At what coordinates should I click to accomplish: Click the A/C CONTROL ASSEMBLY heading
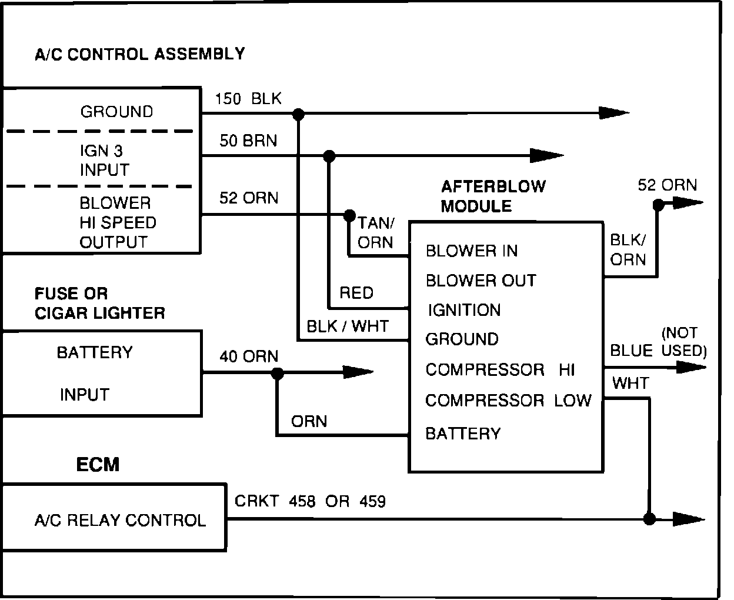tap(139, 54)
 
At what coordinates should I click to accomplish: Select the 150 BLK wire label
tap(248, 98)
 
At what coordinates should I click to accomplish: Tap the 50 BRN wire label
tap(248, 141)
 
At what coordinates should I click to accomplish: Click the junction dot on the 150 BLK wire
tap(299, 114)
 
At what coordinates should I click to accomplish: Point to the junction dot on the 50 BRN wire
tap(329, 156)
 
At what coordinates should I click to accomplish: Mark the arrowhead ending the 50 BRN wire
tap(547, 156)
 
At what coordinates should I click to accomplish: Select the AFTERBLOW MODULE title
tap(493, 196)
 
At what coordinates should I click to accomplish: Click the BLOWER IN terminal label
tap(471, 251)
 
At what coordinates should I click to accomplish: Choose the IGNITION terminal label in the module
tap(463, 310)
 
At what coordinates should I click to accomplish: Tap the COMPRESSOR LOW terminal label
tap(508, 401)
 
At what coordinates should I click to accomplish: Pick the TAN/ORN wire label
tap(375, 232)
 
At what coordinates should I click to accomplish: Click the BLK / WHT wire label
tap(347, 326)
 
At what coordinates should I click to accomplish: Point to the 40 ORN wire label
tap(248, 356)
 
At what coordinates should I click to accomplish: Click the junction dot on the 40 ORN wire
tap(278, 373)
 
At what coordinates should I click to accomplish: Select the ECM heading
tap(98, 465)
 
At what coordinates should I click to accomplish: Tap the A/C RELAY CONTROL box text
tap(120, 520)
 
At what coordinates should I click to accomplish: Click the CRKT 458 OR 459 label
tap(310, 501)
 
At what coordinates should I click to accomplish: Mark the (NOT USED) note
tap(683, 342)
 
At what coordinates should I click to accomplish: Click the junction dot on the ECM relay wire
tap(649, 519)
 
